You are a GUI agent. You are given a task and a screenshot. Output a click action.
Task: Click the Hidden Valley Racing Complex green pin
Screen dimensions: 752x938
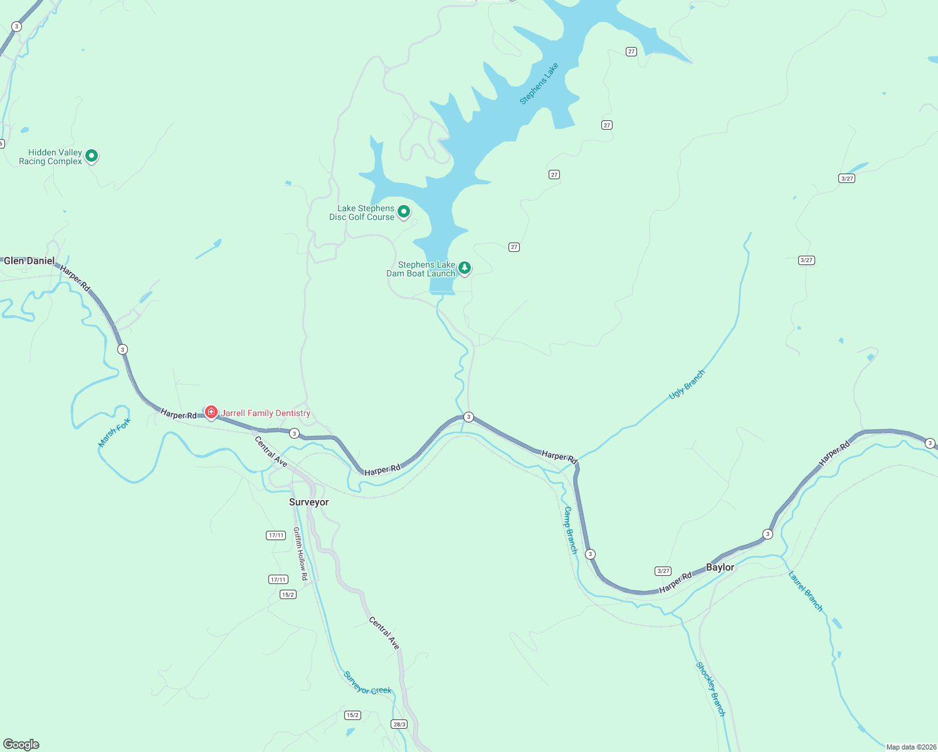(92, 155)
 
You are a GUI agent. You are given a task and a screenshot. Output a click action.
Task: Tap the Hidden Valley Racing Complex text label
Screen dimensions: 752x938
(51, 157)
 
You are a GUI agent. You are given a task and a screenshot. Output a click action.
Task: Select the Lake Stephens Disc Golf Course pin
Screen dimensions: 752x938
(404, 212)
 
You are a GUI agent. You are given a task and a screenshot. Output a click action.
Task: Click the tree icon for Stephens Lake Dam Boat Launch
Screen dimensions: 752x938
(464, 268)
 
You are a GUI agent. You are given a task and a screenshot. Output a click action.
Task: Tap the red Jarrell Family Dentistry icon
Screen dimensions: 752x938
(211, 412)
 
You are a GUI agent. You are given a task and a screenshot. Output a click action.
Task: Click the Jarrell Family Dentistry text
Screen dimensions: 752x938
(266, 413)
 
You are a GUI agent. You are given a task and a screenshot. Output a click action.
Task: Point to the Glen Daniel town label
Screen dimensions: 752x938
(29, 261)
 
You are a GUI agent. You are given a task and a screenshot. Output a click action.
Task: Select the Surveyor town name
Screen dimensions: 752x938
(308, 502)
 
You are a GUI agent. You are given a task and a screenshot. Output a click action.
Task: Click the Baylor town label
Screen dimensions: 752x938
(720, 567)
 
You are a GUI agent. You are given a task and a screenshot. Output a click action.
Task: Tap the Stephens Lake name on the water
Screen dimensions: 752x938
(539, 83)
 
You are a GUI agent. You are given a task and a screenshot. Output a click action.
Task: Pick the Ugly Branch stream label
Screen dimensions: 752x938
(687, 384)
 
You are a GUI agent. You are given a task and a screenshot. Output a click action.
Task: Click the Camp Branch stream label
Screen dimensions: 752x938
(570, 530)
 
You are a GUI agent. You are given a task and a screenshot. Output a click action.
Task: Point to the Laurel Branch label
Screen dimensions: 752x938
(805, 591)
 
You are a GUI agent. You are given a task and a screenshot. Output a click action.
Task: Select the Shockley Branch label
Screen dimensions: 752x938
(710, 689)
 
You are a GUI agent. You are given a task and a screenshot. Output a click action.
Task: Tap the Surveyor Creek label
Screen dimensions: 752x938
(367, 682)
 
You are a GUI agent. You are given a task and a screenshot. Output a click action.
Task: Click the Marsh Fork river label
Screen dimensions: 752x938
(115, 432)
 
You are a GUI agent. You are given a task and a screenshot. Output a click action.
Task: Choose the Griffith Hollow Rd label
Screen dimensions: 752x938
(300, 553)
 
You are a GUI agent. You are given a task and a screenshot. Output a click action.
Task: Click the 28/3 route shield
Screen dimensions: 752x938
(399, 724)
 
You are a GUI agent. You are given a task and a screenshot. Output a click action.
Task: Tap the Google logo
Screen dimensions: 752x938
(21, 744)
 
